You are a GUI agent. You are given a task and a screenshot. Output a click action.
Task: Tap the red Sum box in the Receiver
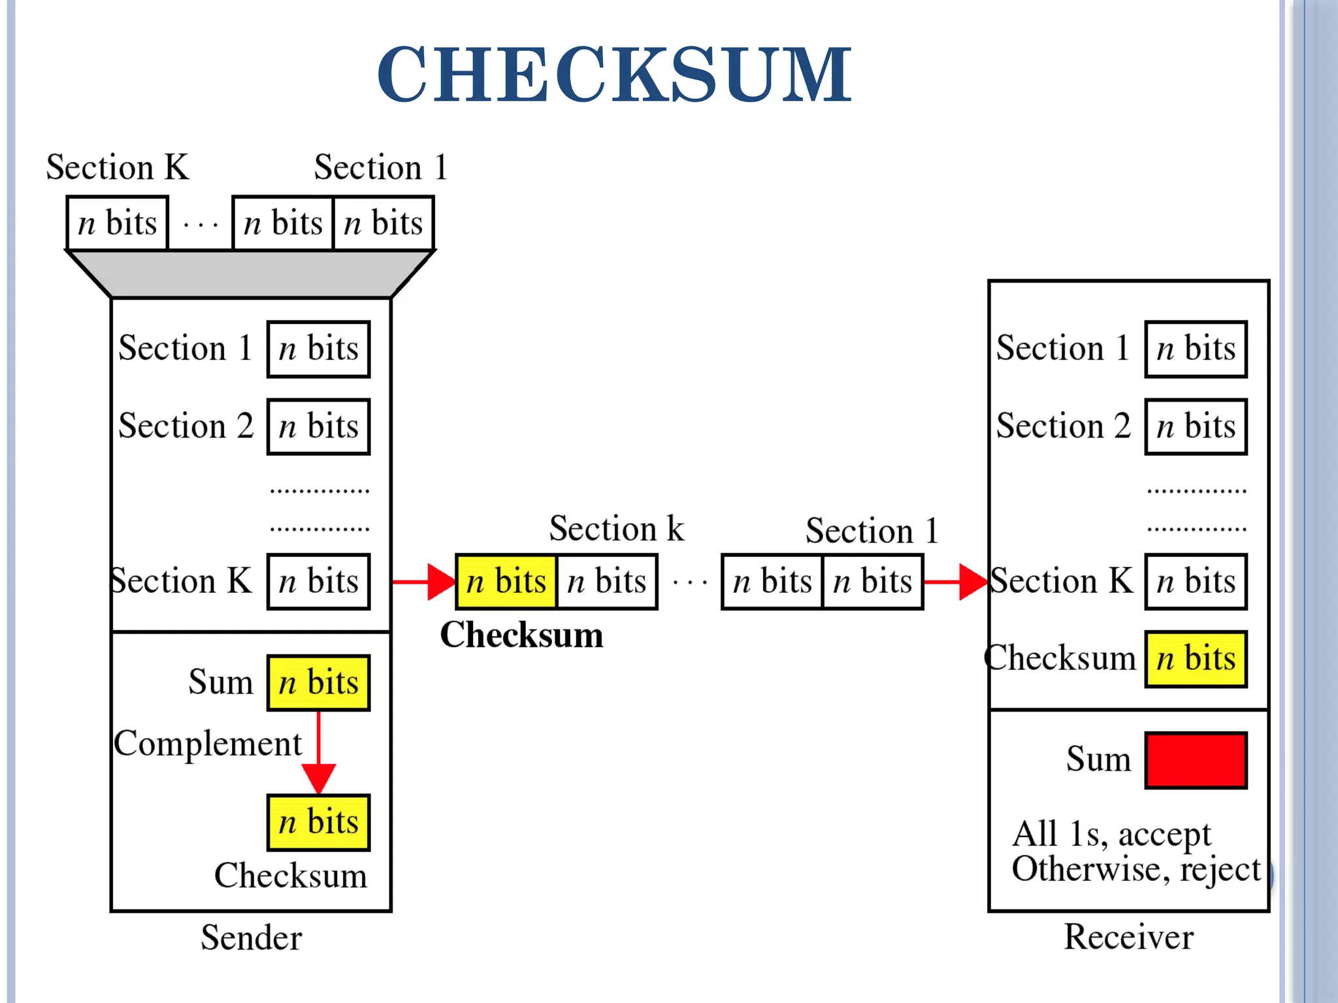point(1196,760)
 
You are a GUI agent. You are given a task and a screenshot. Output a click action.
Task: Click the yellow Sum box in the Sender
point(318,682)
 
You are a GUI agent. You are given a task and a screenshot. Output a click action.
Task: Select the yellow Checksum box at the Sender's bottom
point(318,822)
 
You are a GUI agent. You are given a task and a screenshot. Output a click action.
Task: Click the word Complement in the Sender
point(208,743)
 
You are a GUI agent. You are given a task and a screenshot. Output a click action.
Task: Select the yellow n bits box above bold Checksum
point(506,581)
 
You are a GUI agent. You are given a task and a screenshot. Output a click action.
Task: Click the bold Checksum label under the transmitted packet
point(521,635)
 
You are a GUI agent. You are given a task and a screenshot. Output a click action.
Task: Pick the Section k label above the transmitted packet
point(616,528)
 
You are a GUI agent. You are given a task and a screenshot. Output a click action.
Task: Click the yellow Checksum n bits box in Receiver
point(1196,659)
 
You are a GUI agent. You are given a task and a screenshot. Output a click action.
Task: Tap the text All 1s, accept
point(1111,834)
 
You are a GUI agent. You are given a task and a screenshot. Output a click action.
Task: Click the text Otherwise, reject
point(1135,869)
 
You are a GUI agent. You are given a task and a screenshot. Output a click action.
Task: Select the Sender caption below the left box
point(251,938)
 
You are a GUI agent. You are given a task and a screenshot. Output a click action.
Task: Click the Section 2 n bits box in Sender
point(318,426)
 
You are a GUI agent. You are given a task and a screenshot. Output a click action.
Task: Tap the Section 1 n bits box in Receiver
point(1196,349)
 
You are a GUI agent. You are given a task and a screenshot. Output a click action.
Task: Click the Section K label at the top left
point(118,167)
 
